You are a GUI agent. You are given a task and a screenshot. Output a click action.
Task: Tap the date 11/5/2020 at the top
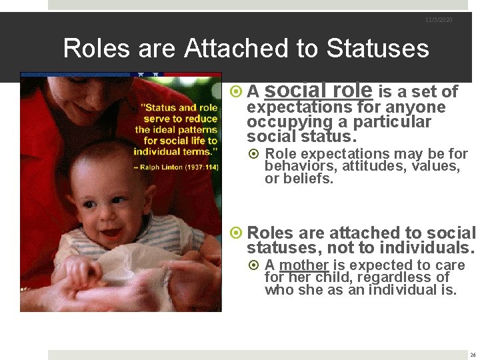pyautogui.click(x=439, y=20)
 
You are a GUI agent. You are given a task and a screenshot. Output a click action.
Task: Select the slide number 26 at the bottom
pyautogui.click(x=473, y=355)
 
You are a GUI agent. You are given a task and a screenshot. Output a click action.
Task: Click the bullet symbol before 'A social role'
pyautogui.click(x=235, y=92)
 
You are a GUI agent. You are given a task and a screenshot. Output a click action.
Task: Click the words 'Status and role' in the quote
pyautogui.click(x=169, y=107)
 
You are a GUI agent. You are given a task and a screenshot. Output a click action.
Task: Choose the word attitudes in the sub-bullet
pyautogui.click(x=360, y=166)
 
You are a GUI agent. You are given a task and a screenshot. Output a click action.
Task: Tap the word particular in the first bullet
pyautogui.click(x=392, y=122)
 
